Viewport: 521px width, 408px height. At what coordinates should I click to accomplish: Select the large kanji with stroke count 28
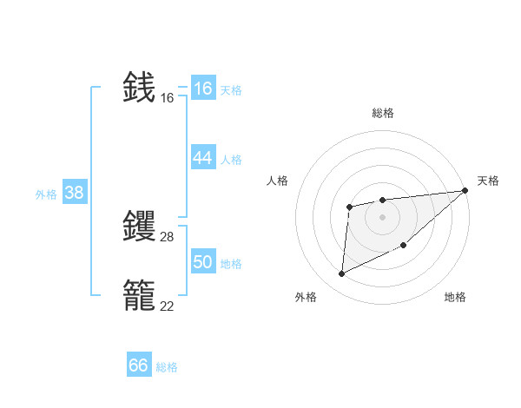point(140,226)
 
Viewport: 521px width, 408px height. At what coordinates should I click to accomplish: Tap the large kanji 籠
point(140,295)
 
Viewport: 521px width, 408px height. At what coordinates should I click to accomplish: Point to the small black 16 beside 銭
point(167,98)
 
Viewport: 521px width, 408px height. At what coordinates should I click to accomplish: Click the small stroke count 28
point(167,237)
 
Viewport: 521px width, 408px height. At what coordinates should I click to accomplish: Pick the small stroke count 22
point(167,306)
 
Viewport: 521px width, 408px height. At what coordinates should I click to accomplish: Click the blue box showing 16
point(202,89)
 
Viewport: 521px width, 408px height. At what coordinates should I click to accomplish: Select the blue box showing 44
point(202,158)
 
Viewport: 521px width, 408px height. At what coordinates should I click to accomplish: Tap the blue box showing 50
point(202,262)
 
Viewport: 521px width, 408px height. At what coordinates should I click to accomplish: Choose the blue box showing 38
point(74,193)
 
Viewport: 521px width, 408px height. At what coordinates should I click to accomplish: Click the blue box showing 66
point(138,365)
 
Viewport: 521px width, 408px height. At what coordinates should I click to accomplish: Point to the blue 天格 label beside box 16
point(230,89)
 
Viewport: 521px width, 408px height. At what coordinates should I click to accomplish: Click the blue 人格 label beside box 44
point(230,159)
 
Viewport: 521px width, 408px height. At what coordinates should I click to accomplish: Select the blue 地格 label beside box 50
point(230,263)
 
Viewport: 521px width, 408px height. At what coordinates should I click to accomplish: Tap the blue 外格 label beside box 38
point(46,194)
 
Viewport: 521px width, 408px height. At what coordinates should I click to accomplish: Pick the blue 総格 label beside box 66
point(167,367)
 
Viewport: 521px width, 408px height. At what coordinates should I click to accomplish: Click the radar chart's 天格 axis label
point(488,181)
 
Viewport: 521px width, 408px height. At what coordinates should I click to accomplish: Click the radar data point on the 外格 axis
point(342,273)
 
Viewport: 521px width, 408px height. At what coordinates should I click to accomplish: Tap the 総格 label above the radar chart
point(382,113)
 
